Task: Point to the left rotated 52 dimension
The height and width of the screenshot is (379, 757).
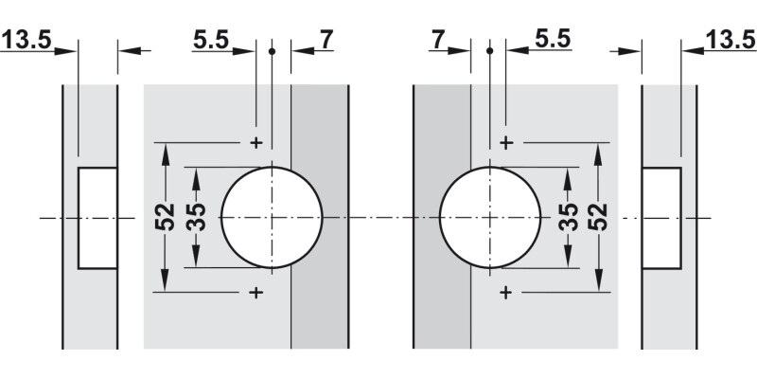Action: pyautogui.click(x=166, y=217)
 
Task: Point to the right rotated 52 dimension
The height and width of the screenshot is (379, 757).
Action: pyautogui.click(x=597, y=217)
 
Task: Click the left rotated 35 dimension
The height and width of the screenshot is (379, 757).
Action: pyautogui.click(x=196, y=217)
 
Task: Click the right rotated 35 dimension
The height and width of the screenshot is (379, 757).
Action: pyautogui.click(x=568, y=217)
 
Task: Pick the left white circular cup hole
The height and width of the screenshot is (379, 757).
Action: pyautogui.click(x=272, y=217)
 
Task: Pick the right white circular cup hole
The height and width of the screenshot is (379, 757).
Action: pyautogui.click(x=490, y=217)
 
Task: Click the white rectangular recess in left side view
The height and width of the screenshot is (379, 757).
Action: pyautogui.click(x=97, y=217)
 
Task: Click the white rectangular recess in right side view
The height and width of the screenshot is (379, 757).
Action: pyautogui.click(x=661, y=217)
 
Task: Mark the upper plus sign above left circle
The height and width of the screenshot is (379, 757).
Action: pyautogui.click(x=255, y=142)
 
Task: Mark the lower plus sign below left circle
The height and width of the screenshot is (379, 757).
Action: pyautogui.click(x=255, y=293)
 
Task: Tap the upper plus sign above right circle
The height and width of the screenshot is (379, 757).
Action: pyautogui.click(x=506, y=142)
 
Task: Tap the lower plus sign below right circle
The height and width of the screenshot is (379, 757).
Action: pyautogui.click(x=506, y=293)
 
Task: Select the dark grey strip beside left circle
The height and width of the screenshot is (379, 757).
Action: pyautogui.click(x=319, y=284)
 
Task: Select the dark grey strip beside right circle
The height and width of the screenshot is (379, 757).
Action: pyautogui.click(x=442, y=284)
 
